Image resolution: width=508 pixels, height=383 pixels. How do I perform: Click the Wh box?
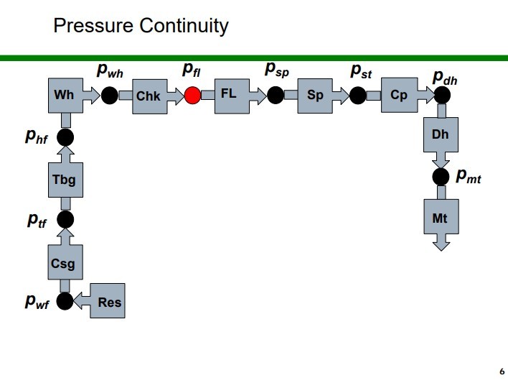click(x=65, y=95)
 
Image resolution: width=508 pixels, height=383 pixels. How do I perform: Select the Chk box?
click(x=149, y=96)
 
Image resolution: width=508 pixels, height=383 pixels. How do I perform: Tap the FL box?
click(x=231, y=95)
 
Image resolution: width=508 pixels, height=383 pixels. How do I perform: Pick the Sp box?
click(x=315, y=96)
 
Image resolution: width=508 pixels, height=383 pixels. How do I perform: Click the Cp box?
click(x=399, y=95)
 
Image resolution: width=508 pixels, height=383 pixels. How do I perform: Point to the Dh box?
click(x=441, y=134)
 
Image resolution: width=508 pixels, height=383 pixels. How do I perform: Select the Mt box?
click(x=441, y=217)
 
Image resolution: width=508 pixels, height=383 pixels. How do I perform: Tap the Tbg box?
click(x=65, y=179)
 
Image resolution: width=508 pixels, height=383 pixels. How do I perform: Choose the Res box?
click(x=109, y=303)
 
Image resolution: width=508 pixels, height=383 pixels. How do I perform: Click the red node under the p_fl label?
click(x=192, y=95)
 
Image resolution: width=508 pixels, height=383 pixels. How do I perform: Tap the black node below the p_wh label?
click(x=109, y=95)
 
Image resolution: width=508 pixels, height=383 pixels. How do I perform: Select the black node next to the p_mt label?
click(x=441, y=176)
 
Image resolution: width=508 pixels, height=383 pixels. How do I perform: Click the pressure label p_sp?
click(x=277, y=70)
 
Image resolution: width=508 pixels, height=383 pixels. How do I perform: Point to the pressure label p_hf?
click(x=37, y=137)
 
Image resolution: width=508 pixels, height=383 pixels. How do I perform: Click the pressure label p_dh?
click(x=445, y=78)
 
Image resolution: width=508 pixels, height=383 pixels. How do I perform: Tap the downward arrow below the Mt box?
click(x=441, y=244)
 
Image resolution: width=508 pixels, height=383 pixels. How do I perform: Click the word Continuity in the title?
click(x=184, y=27)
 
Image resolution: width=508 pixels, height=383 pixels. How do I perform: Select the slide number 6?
click(x=502, y=372)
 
